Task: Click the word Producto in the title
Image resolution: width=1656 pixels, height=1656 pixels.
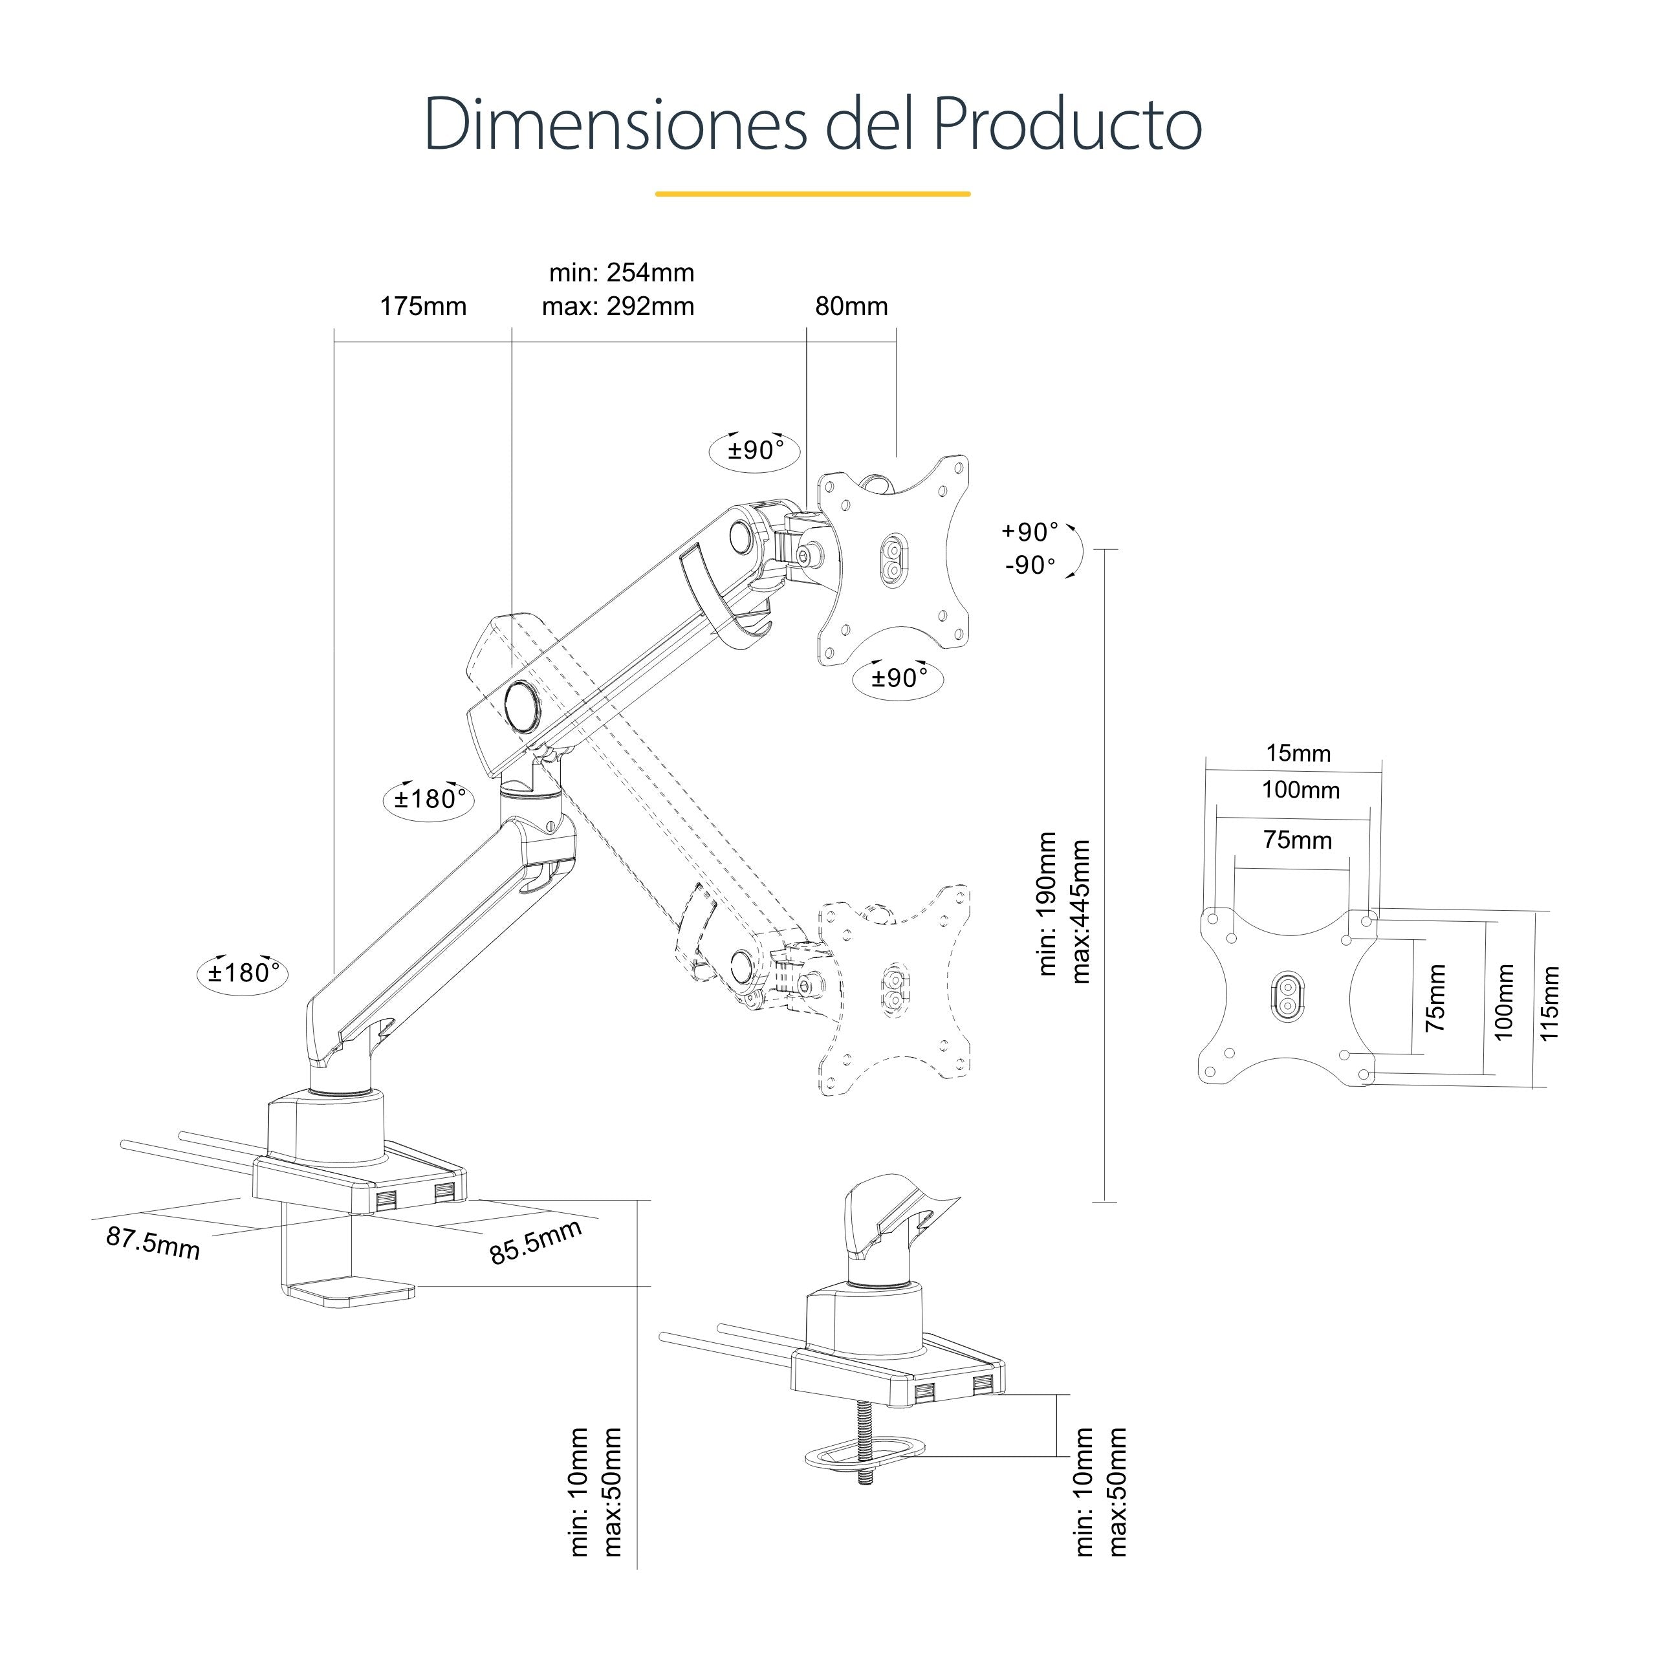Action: pyautogui.click(x=1067, y=124)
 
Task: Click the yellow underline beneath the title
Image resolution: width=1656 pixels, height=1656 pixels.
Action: pyautogui.click(x=812, y=193)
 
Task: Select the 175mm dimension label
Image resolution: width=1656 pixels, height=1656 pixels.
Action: pyautogui.click(x=424, y=306)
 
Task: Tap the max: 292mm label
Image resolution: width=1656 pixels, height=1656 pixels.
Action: pyautogui.click(x=618, y=306)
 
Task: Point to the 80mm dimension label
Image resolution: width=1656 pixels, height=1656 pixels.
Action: pyautogui.click(x=851, y=306)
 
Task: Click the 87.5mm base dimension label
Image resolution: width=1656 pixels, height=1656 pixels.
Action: pyautogui.click(x=153, y=1243)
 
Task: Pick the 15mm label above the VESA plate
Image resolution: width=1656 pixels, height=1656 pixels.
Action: pyautogui.click(x=1298, y=754)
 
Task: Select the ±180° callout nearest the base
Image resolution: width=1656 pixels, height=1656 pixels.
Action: pyautogui.click(x=243, y=973)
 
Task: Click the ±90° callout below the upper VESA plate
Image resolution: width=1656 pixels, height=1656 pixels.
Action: pyautogui.click(x=899, y=678)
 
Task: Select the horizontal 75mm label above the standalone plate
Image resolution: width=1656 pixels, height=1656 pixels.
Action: pyautogui.click(x=1298, y=840)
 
